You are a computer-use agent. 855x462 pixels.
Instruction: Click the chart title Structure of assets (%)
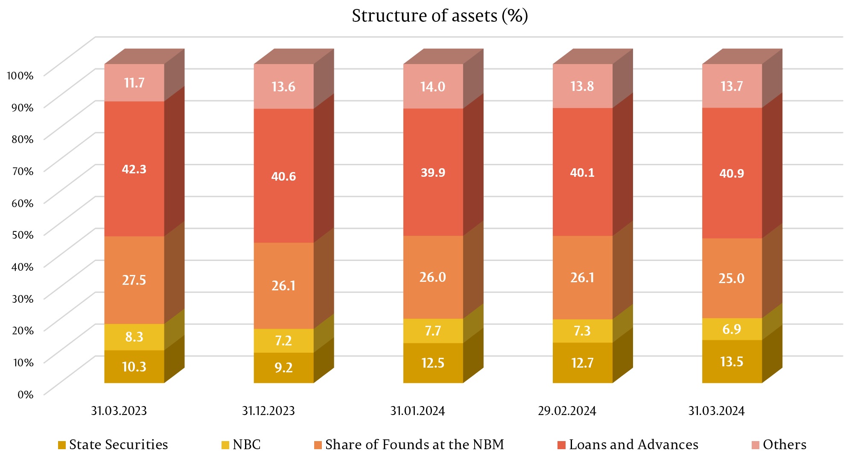click(x=440, y=16)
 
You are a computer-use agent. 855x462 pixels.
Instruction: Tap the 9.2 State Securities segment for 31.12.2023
click(x=283, y=368)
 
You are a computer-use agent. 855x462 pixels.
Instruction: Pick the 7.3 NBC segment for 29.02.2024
click(x=582, y=331)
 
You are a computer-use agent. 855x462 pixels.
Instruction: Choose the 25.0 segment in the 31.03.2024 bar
click(x=732, y=278)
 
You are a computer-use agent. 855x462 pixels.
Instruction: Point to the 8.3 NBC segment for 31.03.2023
click(x=134, y=337)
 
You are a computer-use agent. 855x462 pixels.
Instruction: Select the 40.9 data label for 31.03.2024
click(x=732, y=173)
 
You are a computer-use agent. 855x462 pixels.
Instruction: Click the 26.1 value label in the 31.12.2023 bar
click(x=283, y=286)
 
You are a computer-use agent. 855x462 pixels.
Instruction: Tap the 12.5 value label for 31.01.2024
click(x=433, y=363)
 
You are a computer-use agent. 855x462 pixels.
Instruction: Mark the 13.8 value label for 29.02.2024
click(x=582, y=86)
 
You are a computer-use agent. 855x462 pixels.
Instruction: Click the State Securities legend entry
click(x=113, y=445)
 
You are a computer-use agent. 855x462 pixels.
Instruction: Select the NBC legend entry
click(x=241, y=445)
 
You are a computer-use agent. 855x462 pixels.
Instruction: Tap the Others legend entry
click(x=779, y=445)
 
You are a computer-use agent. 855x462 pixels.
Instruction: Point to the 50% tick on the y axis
click(x=23, y=235)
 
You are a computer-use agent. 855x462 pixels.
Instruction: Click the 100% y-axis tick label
click(x=20, y=76)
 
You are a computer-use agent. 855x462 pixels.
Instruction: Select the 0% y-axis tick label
click(x=25, y=395)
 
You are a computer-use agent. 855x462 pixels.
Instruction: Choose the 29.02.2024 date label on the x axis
click(x=567, y=411)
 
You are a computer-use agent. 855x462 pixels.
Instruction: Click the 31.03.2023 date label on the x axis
click(x=119, y=411)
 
